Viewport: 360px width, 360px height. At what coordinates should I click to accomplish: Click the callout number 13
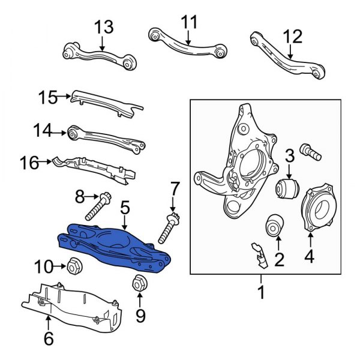103,28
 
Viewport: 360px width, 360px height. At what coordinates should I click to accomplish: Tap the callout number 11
189,23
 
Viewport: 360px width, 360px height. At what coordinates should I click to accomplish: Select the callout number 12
293,37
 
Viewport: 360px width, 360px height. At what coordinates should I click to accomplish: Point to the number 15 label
47,96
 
